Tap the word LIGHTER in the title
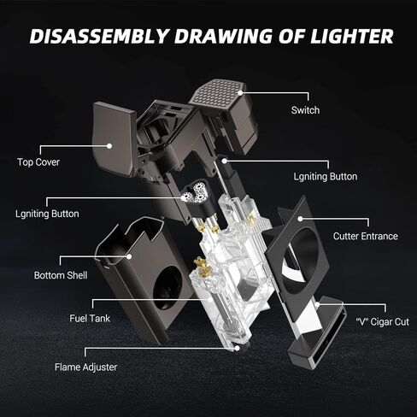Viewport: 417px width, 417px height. [x=352, y=36]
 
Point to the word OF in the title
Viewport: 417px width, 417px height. [x=291, y=36]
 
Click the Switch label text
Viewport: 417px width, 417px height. [x=305, y=110]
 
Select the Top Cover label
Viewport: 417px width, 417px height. [x=38, y=162]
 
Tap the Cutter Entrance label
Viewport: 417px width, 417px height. [x=366, y=236]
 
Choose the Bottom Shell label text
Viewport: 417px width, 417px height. [x=61, y=275]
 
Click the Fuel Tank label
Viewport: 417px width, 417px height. [x=90, y=318]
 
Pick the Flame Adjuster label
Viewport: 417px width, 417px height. [x=85, y=367]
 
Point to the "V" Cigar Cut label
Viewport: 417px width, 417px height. [x=382, y=322]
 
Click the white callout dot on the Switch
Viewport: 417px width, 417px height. [x=240, y=93]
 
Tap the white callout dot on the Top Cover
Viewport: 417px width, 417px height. [x=109, y=146]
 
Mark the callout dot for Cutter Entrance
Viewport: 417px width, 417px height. [x=300, y=219]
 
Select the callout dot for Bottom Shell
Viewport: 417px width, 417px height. [x=129, y=256]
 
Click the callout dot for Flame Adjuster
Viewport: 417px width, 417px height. [x=237, y=348]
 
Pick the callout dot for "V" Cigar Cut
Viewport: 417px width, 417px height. [x=317, y=304]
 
